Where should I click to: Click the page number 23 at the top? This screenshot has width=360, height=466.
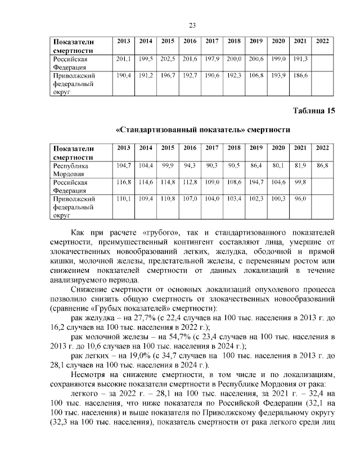(x=191, y=25)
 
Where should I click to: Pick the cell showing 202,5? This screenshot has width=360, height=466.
(x=168, y=59)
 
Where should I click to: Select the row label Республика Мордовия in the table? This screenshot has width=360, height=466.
(x=72, y=170)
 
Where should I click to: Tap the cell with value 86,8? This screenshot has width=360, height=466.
(x=322, y=165)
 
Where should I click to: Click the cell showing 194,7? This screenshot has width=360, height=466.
(x=256, y=182)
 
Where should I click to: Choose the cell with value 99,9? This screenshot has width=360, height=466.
(x=168, y=165)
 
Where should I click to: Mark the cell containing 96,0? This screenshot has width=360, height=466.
(x=300, y=199)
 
